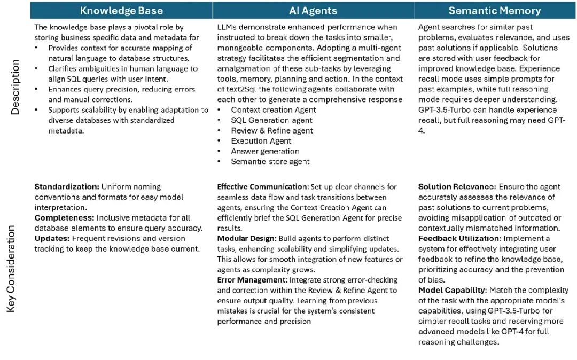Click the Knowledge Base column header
[x=121, y=10]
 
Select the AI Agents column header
[x=313, y=10]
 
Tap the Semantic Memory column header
[x=494, y=10]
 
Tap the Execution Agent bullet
[x=261, y=141]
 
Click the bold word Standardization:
[x=67, y=187]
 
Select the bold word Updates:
[x=52, y=239]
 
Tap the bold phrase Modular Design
[x=246, y=239]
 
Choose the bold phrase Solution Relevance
[x=457, y=187]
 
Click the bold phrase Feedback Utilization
[x=461, y=239]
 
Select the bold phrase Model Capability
[x=452, y=291]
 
